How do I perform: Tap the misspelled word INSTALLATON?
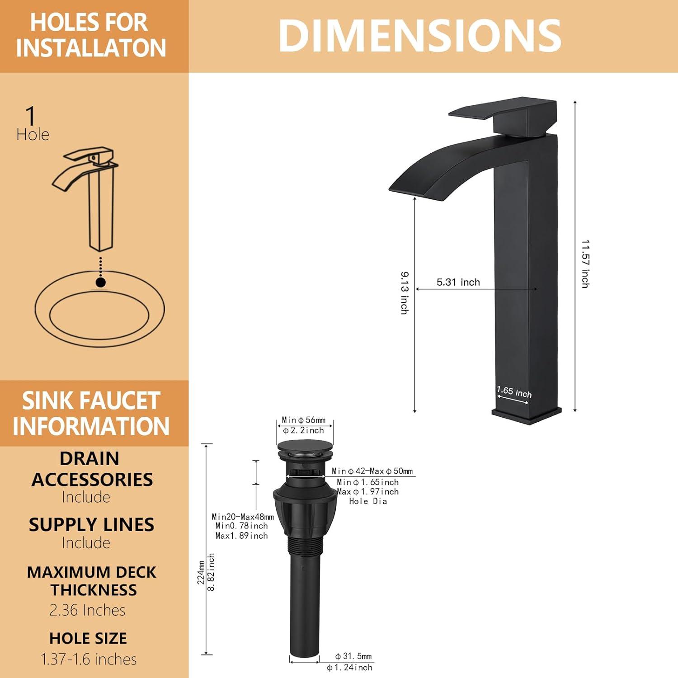click(91, 48)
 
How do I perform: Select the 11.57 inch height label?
click(585, 264)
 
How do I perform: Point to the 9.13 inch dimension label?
click(405, 292)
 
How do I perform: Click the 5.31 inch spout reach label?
click(458, 282)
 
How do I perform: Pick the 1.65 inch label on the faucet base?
click(514, 392)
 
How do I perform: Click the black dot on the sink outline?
click(101, 282)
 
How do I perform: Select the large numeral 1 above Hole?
click(30, 116)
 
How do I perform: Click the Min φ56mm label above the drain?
click(304, 420)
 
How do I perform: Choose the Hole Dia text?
click(368, 501)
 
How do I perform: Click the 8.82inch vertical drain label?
click(211, 572)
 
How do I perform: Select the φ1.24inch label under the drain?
click(349, 668)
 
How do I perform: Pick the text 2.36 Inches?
click(87, 610)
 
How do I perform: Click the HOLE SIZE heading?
click(88, 638)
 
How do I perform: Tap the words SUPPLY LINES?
click(91, 525)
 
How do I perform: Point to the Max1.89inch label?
click(241, 536)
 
